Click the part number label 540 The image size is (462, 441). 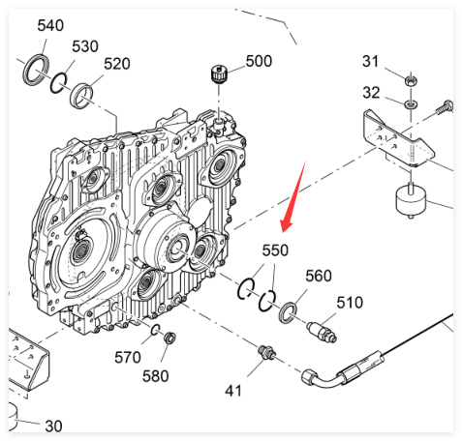(50, 26)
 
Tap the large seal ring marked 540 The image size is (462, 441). (27, 71)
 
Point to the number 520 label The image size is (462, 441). (117, 64)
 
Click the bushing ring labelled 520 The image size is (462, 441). (74, 97)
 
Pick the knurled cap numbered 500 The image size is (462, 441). (219, 74)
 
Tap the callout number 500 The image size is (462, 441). (259, 61)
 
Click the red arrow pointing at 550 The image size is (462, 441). (293, 196)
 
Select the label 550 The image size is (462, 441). (275, 250)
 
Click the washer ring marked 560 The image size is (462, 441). (282, 312)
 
